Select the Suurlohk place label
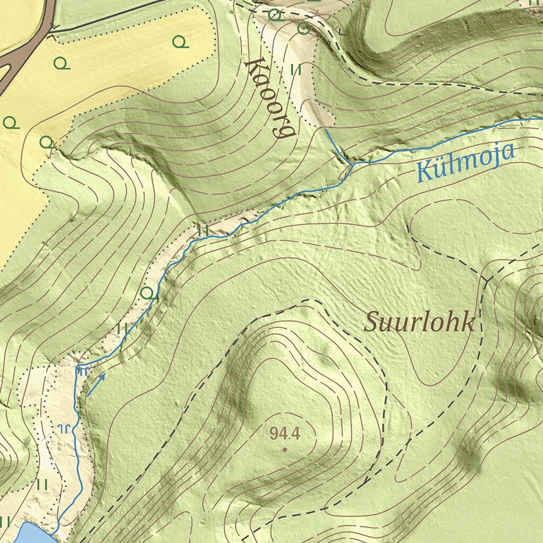pos(419,322)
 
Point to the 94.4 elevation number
pos(285,434)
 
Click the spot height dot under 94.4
pos(285,450)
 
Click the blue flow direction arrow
pos(97,384)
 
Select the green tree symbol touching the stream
pos(149,292)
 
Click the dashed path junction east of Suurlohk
pos(486,278)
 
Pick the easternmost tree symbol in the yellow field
pos(181,41)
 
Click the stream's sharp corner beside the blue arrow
pos(78,366)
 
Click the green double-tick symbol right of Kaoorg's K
pos(296,69)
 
